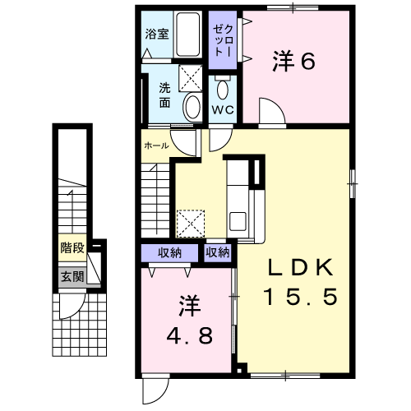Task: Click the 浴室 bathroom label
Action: click(157, 35)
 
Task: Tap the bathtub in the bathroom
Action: click(187, 35)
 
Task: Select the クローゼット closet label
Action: click(224, 40)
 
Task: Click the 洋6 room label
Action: click(293, 61)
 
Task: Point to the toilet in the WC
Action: click(222, 87)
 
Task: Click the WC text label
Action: click(223, 110)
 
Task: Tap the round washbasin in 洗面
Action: click(192, 107)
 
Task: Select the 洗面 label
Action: click(164, 95)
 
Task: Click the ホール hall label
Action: click(156, 145)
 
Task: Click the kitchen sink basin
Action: click(238, 221)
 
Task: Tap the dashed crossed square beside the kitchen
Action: click(191, 224)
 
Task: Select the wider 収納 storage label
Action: click(169, 252)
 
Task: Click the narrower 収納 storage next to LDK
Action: click(218, 252)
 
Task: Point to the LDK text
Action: click(301, 267)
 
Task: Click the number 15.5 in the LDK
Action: click(301, 297)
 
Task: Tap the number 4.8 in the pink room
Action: click(190, 336)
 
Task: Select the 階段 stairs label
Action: click(72, 248)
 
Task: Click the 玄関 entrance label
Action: click(72, 276)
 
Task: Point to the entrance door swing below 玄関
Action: click(73, 307)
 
